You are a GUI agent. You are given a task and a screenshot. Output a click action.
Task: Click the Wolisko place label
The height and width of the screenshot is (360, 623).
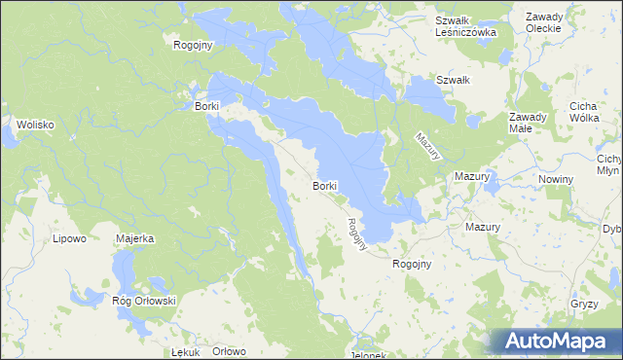pos(34,125)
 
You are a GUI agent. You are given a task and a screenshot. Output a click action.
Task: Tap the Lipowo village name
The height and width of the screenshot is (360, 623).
pos(69,237)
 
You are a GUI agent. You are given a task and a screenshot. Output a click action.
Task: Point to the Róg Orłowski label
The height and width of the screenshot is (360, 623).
pos(143,301)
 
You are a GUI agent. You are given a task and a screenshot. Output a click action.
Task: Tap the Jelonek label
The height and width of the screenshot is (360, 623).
pos(370,354)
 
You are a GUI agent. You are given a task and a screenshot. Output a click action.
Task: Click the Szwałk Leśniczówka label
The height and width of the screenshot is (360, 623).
pos(466,25)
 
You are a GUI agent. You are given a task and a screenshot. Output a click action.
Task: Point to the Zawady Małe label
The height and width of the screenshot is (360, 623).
pos(530,123)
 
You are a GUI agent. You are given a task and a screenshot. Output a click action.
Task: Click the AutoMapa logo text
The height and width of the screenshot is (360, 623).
pos(569,341)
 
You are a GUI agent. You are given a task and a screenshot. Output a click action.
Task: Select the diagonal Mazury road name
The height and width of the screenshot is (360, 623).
pos(429,146)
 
